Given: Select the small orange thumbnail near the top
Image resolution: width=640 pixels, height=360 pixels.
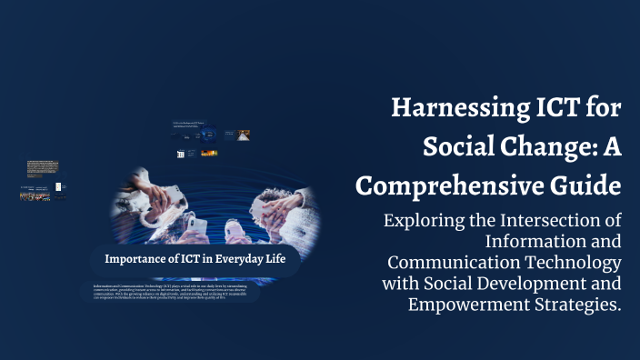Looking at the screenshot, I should (243, 135).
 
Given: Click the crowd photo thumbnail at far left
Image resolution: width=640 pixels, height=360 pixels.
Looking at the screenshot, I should (35, 193).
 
